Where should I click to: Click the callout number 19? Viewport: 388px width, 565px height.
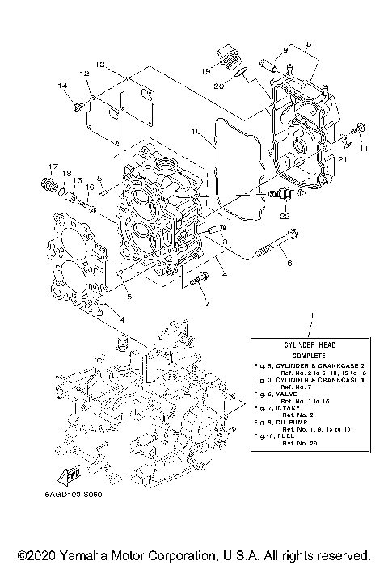[206, 70]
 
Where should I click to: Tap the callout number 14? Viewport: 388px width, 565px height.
[61, 86]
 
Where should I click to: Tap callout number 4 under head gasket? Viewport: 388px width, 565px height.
[122, 319]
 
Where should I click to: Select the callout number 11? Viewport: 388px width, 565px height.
[363, 150]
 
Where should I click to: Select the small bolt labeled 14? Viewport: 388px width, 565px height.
[76, 103]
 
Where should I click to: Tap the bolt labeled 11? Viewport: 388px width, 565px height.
[360, 129]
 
